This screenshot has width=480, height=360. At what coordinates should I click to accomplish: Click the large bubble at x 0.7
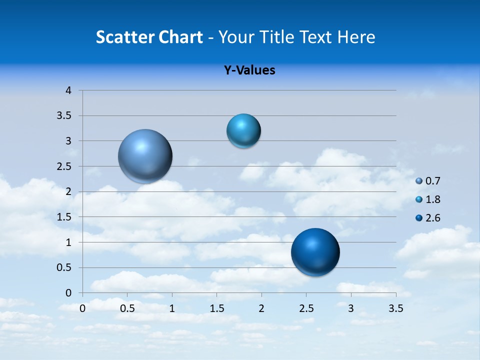(x=145, y=156)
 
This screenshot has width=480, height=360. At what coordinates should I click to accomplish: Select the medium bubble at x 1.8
(x=243, y=131)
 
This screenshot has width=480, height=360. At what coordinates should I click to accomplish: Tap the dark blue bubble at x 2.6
(x=315, y=252)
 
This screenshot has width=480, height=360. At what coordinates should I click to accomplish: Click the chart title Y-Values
(x=249, y=70)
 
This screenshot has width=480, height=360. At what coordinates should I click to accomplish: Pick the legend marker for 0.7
(x=419, y=181)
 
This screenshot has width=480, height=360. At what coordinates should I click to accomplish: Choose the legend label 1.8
(x=433, y=199)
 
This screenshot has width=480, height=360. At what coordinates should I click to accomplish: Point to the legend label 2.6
(x=433, y=218)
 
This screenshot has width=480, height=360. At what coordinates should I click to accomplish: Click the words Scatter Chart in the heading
(x=149, y=37)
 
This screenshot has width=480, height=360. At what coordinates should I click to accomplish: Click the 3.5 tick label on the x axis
(x=395, y=308)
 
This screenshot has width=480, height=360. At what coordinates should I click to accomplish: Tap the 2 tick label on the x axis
(x=261, y=308)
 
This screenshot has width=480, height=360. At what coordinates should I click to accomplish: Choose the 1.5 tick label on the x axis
(x=217, y=308)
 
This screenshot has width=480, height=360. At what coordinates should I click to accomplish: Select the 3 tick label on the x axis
(x=351, y=308)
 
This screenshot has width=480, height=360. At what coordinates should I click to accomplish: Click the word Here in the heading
(x=356, y=37)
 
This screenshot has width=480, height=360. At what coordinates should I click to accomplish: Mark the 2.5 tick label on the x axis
(x=306, y=308)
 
